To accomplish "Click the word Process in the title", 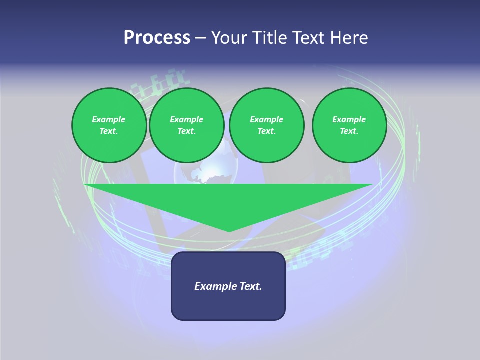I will pos(157,38).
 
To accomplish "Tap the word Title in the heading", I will pos(271,38).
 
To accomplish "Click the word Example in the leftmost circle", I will pos(109,119).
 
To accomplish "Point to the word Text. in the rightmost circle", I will pos(349,131).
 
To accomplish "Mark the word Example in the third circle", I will pos(266,119).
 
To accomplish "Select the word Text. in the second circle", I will pos(186,131).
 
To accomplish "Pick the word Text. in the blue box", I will pos(251,286).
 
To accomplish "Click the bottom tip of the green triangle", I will pos(229,231).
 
